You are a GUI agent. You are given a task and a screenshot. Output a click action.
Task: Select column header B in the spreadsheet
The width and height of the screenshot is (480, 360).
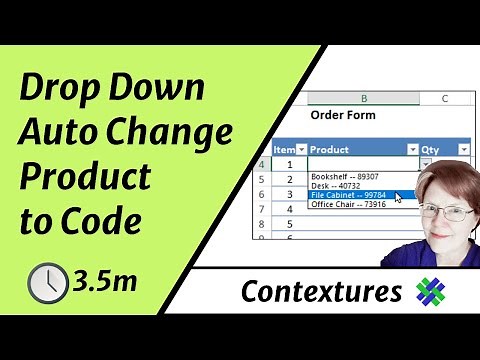[362, 98]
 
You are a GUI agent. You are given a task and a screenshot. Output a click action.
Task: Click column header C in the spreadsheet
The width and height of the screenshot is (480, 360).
[443, 98]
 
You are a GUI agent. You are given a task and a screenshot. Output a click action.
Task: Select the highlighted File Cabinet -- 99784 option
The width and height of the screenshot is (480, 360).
[349, 195]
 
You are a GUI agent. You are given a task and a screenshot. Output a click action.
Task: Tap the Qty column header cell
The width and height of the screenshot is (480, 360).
[436, 149]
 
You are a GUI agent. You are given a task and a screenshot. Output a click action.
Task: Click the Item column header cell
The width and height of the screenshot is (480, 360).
[284, 149]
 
